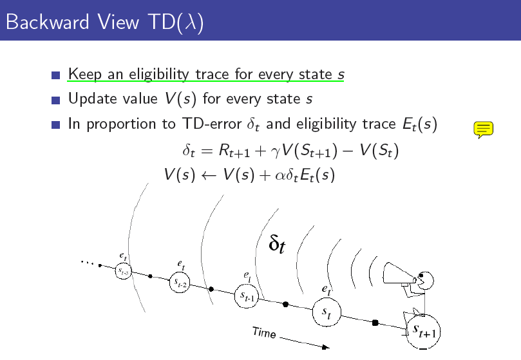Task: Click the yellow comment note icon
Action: [x=483, y=129]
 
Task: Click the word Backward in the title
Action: [x=48, y=22]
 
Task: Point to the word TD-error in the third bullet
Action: [x=212, y=124]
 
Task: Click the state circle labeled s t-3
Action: [x=124, y=271]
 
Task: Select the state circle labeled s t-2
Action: [x=180, y=282]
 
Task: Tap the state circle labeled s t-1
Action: [x=247, y=296]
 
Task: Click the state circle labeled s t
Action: [x=327, y=312]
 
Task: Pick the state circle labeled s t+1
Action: [x=423, y=332]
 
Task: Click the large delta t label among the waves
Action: [x=277, y=243]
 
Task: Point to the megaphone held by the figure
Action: [x=399, y=274]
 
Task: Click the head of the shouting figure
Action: [x=425, y=280]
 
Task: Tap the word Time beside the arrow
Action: [x=264, y=332]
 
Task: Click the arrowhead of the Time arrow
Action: [x=326, y=347]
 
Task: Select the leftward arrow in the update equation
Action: [x=209, y=176]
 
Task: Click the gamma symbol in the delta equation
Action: [x=276, y=152]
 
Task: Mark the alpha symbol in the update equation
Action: [x=280, y=176]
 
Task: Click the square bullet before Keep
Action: [x=56, y=75]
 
